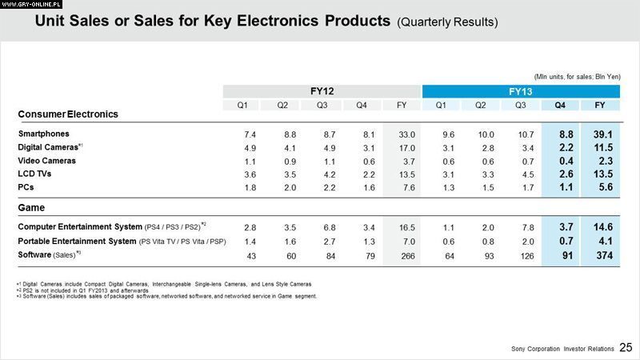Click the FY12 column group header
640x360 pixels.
(x=322, y=91)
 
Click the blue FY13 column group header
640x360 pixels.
(x=520, y=91)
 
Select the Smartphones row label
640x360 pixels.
(x=43, y=134)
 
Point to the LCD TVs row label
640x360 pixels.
(x=35, y=174)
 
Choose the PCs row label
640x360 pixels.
(x=25, y=187)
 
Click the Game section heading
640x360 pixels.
(x=30, y=207)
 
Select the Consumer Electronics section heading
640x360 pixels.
(x=67, y=114)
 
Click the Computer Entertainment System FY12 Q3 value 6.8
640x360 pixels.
(x=322, y=228)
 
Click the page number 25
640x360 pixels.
(x=626, y=346)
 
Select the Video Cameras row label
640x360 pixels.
(x=46, y=161)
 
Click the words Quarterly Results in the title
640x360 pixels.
(x=447, y=22)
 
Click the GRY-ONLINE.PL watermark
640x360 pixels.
(x=30, y=5)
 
